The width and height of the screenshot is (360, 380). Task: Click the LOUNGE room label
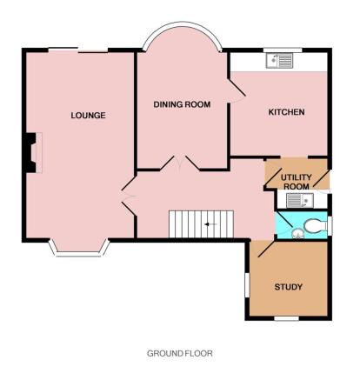click(88, 116)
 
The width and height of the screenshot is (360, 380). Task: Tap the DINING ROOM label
click(182, 104)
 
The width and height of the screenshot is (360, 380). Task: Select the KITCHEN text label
click(286, 112)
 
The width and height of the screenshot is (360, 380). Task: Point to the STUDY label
click(289, 287)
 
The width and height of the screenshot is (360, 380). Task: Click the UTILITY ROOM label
click(297, 182)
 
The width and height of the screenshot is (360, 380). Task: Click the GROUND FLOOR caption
click(180, 353)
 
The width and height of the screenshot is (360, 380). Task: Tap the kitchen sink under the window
click(280, 61)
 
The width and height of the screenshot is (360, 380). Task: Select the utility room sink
click(300, 200)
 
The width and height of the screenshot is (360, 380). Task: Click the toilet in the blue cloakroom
click(314, 225)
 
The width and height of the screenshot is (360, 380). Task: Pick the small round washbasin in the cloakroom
click(297, 233)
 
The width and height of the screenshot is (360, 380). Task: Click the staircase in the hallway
click(202, 224)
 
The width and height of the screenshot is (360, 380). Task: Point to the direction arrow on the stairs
click(210, 224)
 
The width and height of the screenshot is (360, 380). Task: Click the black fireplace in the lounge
click(30, 153)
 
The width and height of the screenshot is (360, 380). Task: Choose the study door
click(264, 249)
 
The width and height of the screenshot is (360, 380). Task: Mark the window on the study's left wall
click(247, 285)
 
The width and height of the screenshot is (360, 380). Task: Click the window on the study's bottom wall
click(287, 318)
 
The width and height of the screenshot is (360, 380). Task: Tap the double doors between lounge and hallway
click(129, 197)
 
